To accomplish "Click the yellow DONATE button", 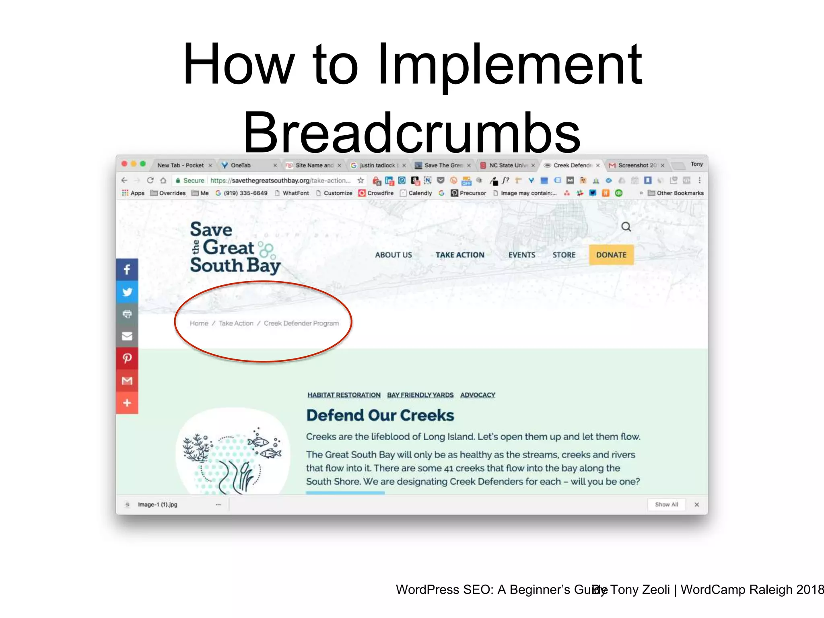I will coord(611,255).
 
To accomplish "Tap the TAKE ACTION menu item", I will coord(460,255).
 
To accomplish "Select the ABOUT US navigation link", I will coord(393,255).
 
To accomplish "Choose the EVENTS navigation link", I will coord(521,255).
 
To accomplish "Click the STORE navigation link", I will coord(564,255).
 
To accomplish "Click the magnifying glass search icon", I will coord(626,227).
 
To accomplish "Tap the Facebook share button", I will coord(127,270).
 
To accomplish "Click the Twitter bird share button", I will coord(127,292).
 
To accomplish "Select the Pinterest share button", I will coord(127,358).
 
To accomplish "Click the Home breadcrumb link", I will coord(199,323).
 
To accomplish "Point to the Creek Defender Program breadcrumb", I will coord(301,323).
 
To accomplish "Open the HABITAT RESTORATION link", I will coord(344,395).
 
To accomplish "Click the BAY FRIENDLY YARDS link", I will coord(420,395).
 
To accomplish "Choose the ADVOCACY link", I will coord(478,395).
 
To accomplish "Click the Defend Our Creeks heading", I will coord(380,415).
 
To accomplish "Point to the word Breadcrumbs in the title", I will coord(412,133).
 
